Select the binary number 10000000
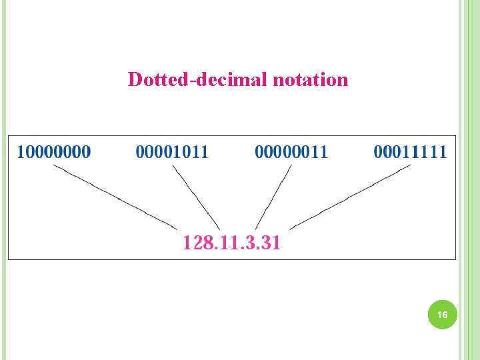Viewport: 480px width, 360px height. [54, 152]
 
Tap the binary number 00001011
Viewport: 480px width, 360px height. [172, 152]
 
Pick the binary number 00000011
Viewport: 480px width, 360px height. [291, 152]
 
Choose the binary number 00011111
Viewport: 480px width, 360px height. [410, 152]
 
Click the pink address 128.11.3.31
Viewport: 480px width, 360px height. [231, 242]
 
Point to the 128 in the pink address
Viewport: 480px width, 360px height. [197, 242]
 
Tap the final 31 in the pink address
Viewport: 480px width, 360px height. [271, 242]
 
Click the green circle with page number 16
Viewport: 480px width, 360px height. [443, 314]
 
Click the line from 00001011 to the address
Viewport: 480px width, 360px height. [196, 197]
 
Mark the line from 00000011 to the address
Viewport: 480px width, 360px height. [274, 197]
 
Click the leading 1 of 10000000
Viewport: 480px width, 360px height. [21, 152]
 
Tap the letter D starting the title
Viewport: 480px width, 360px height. [135, 80]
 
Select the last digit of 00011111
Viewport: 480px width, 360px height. [443, 152]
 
